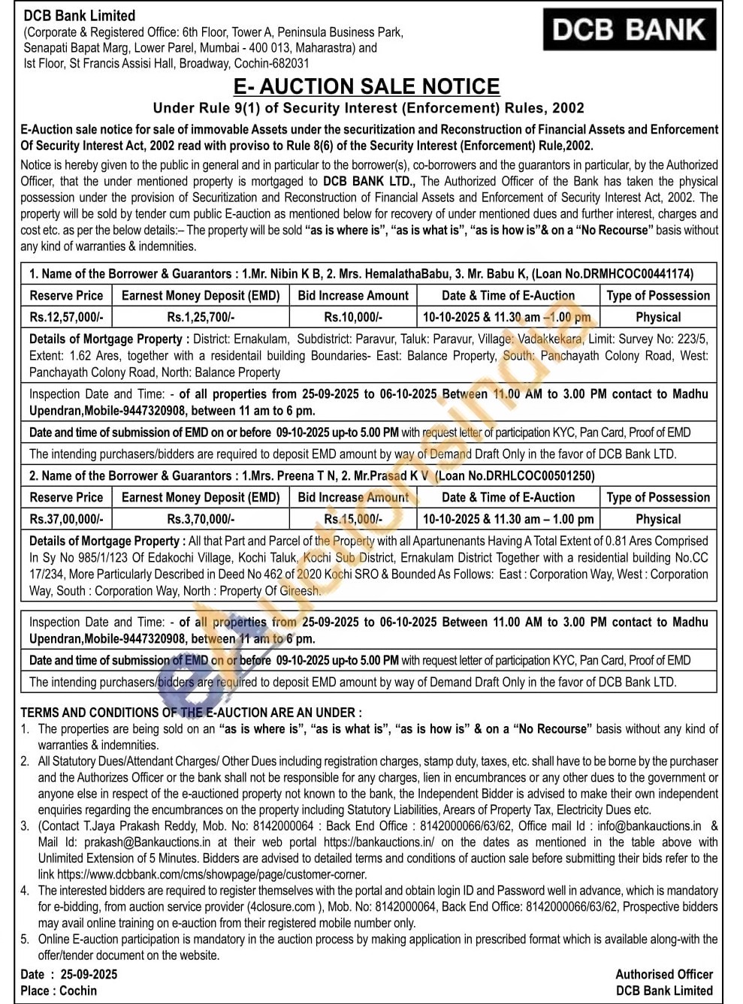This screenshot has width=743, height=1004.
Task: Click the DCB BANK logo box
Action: tap(630, 30)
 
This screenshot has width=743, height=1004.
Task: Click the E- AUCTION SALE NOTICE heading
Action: tap(367, 86)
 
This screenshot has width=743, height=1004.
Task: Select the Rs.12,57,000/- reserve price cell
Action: tap(67, 318)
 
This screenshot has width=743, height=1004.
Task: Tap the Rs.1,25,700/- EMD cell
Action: tap(201, 318)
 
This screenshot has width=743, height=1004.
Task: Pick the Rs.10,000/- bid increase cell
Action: tap(353, 318)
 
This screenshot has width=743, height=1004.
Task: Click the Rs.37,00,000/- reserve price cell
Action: tap(67, 519)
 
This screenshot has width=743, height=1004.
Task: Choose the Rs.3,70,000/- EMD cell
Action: tap(201, 519)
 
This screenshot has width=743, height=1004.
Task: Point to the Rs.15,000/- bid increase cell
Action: tap(353, 519)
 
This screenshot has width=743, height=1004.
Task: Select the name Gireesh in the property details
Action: tap(300, 591)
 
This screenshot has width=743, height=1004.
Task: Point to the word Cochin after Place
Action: tap(78, 990)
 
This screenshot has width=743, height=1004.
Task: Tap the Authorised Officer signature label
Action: tap(664, 975)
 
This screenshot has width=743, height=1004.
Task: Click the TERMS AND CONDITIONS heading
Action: tap(191, 713)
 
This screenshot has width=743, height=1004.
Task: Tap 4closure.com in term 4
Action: tap(282, 907)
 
